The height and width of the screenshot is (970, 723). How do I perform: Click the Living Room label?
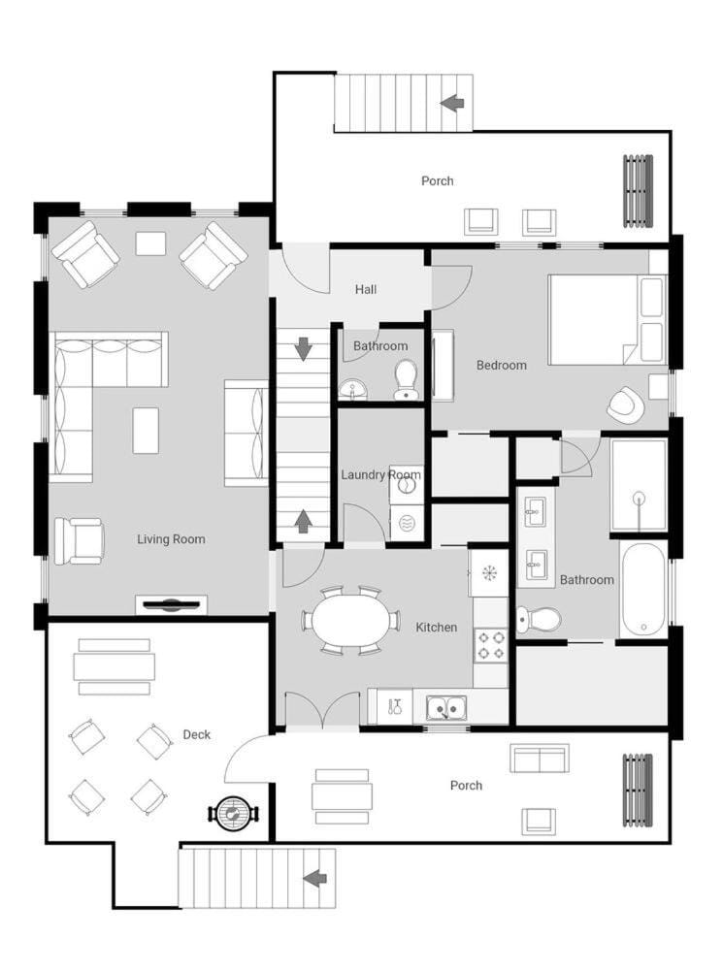tap(171, 539)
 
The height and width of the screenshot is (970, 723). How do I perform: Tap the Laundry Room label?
tap(380, 475)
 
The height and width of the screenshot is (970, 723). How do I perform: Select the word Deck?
tap(197, 735)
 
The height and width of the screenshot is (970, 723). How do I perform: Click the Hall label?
tap(366, 289)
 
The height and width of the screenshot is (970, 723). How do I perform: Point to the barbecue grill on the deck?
tap(233, 813)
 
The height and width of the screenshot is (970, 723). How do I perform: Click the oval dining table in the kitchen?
tap(351, 621)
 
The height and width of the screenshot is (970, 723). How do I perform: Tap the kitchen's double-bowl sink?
tap(446, 708)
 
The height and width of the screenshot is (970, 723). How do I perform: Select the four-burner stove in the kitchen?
tap(490, 645)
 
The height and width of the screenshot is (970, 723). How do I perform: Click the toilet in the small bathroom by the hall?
tap(406, 381)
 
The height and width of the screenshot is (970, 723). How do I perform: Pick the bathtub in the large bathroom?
tap(643, 590)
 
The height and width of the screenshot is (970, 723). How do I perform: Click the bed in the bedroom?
tap(608, 319)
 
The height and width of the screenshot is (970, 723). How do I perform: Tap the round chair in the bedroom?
tap(626, 404)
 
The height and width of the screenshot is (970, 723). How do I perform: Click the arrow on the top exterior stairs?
tap(452, 103)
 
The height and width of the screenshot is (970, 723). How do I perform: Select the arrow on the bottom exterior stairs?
tap(315, 877)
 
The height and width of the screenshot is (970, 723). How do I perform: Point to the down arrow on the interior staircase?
tap(303, 349)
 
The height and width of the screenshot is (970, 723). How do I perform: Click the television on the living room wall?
tap(172, 605)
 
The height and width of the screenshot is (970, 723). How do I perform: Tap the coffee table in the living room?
tap(146, 430)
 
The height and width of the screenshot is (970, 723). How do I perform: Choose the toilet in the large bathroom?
tap(540, 619)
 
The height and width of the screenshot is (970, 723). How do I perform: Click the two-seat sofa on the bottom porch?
tap(540, 759)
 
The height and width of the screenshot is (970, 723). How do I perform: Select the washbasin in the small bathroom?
tap(353, 390)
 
